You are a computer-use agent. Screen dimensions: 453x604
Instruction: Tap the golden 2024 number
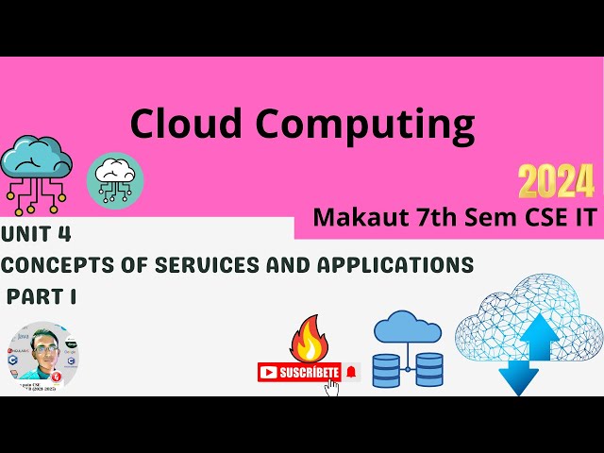556,179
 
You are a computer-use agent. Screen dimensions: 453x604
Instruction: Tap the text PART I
42,295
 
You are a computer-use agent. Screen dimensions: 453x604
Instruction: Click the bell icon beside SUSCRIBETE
351,372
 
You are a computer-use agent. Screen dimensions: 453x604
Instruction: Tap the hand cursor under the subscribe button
331,387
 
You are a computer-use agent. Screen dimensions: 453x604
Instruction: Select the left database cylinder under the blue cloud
385,370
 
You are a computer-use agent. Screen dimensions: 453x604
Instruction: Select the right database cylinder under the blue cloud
429,370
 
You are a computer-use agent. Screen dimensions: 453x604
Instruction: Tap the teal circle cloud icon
115,179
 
